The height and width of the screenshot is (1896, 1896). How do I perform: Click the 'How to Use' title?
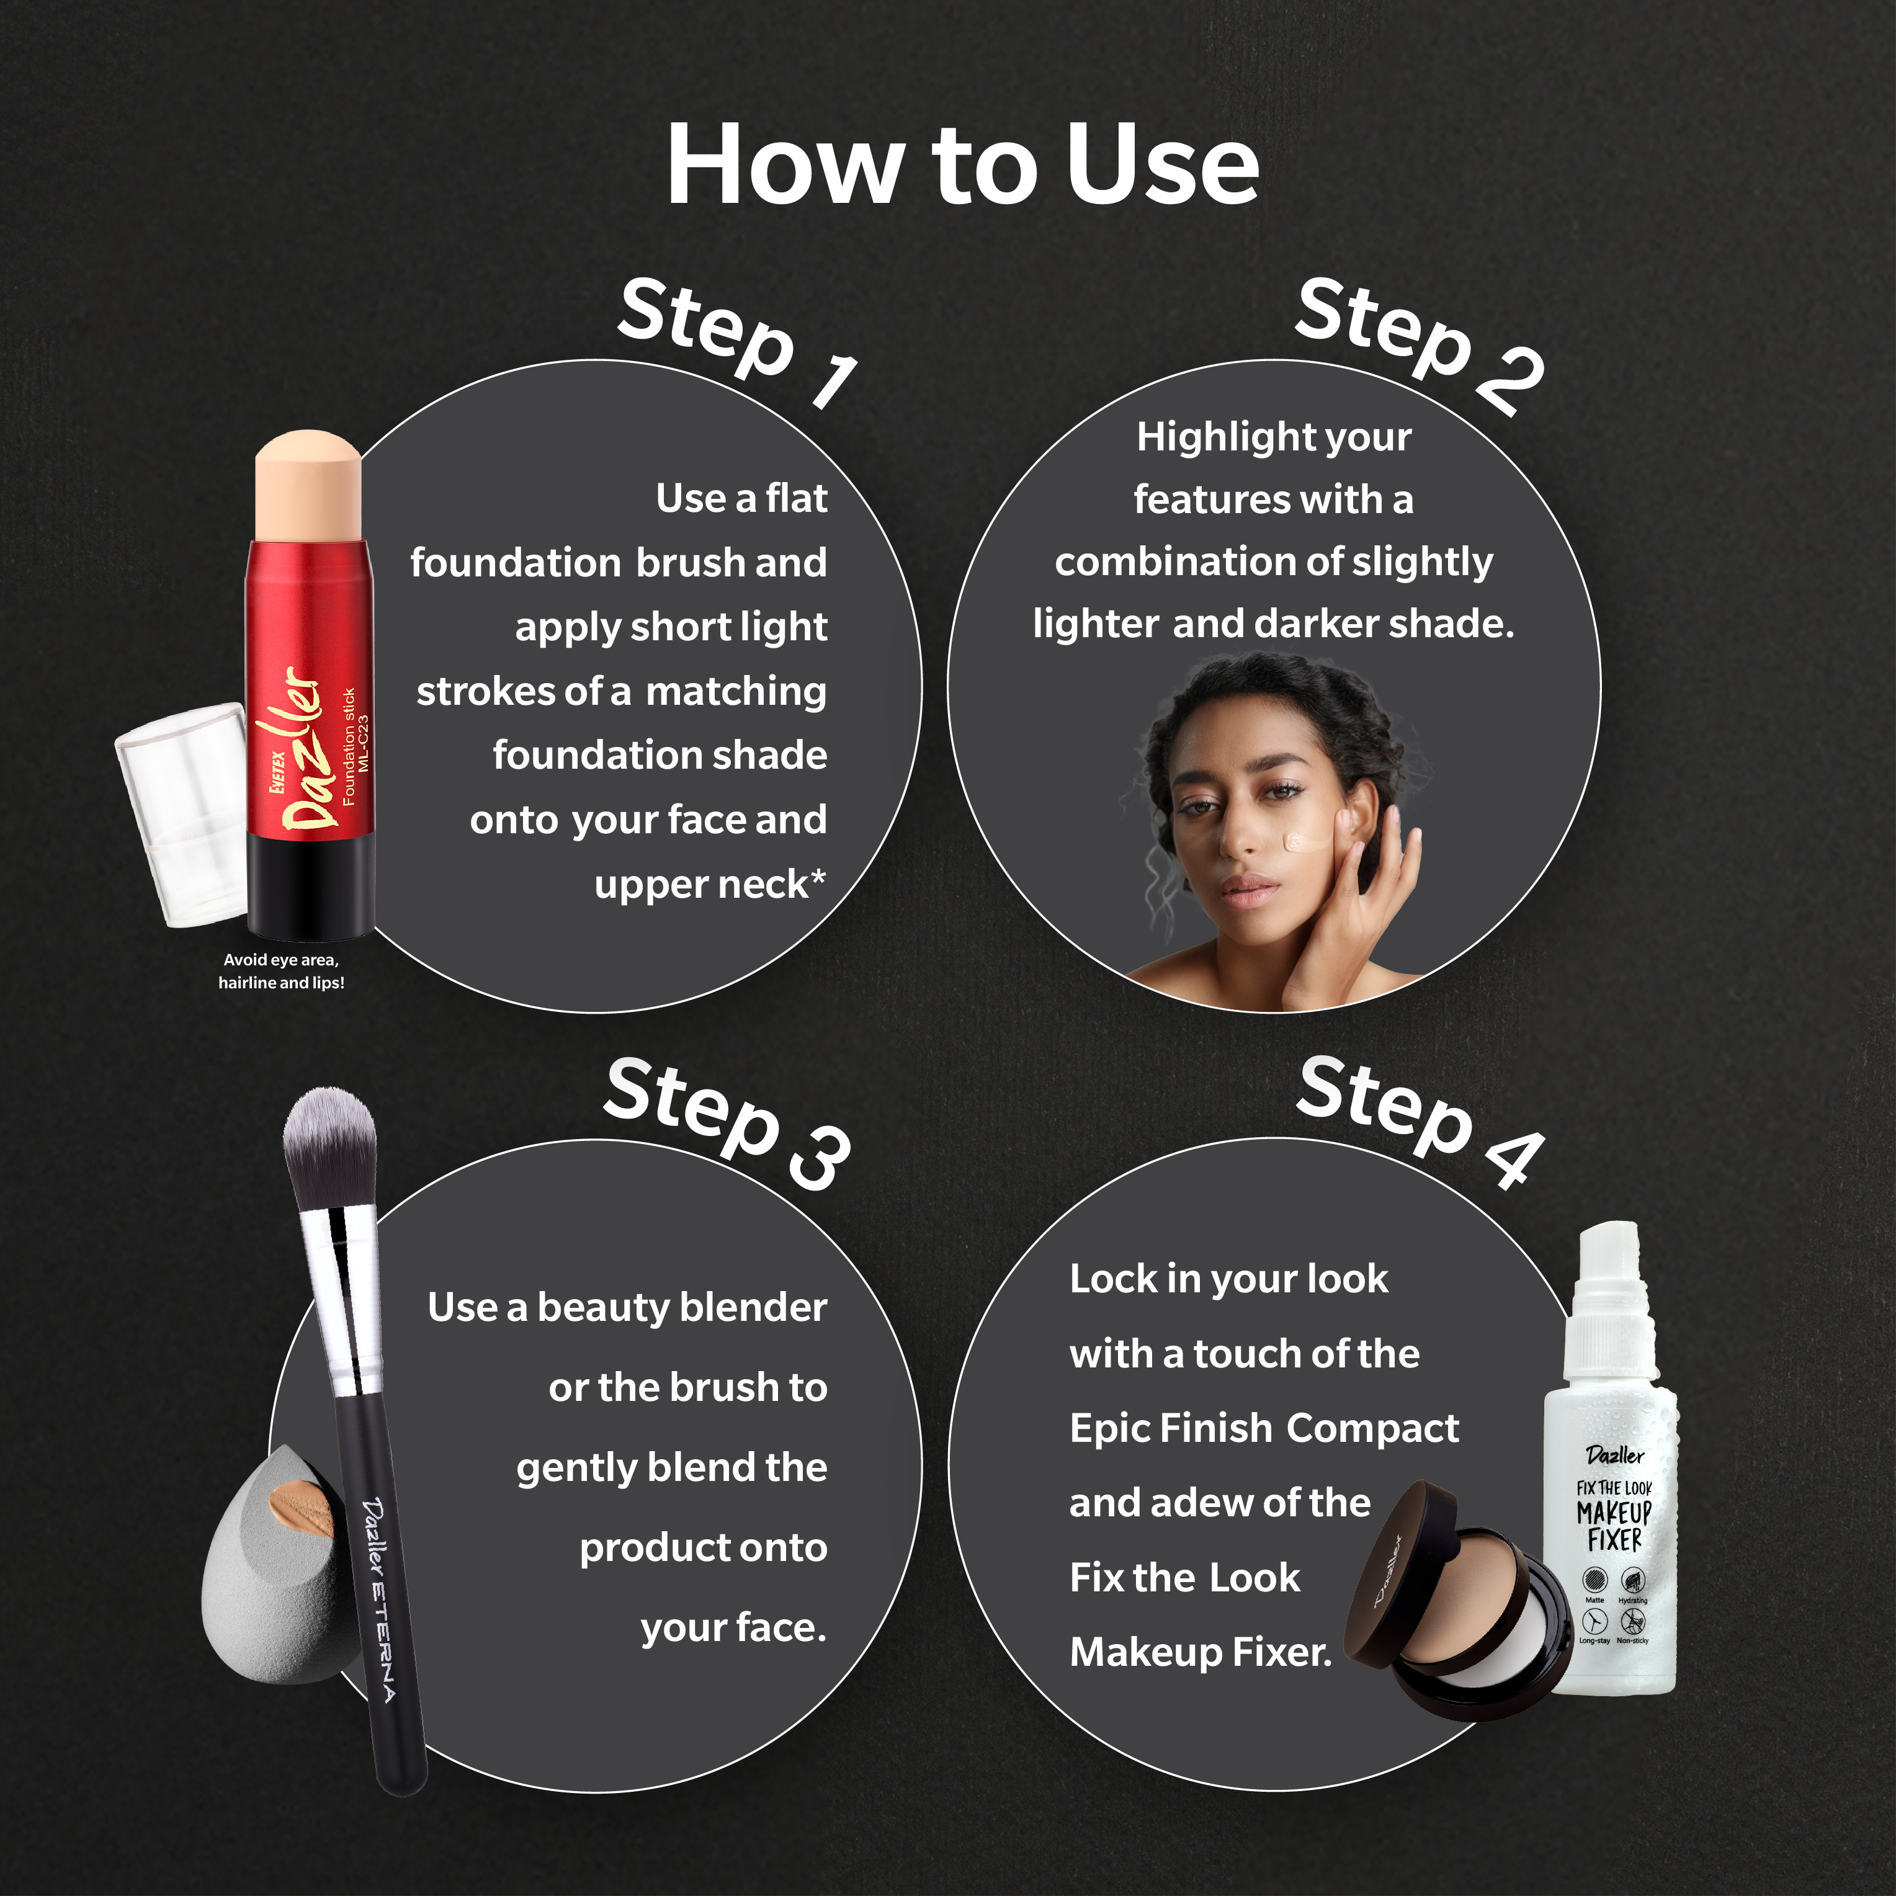tap(962, 165)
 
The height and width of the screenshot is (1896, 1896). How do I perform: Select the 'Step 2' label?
tap(1420, 344)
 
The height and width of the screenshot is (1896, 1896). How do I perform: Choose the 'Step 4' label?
tap(1420, 1120)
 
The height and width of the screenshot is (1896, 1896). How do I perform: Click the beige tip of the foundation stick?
tap(308, 486)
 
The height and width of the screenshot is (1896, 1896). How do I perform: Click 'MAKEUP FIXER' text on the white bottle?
tap(1614, 1527)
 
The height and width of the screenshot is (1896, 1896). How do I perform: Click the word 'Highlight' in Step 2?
tap(1206, 437)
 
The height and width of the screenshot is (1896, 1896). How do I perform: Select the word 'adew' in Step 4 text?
tap(1204, 1503)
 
